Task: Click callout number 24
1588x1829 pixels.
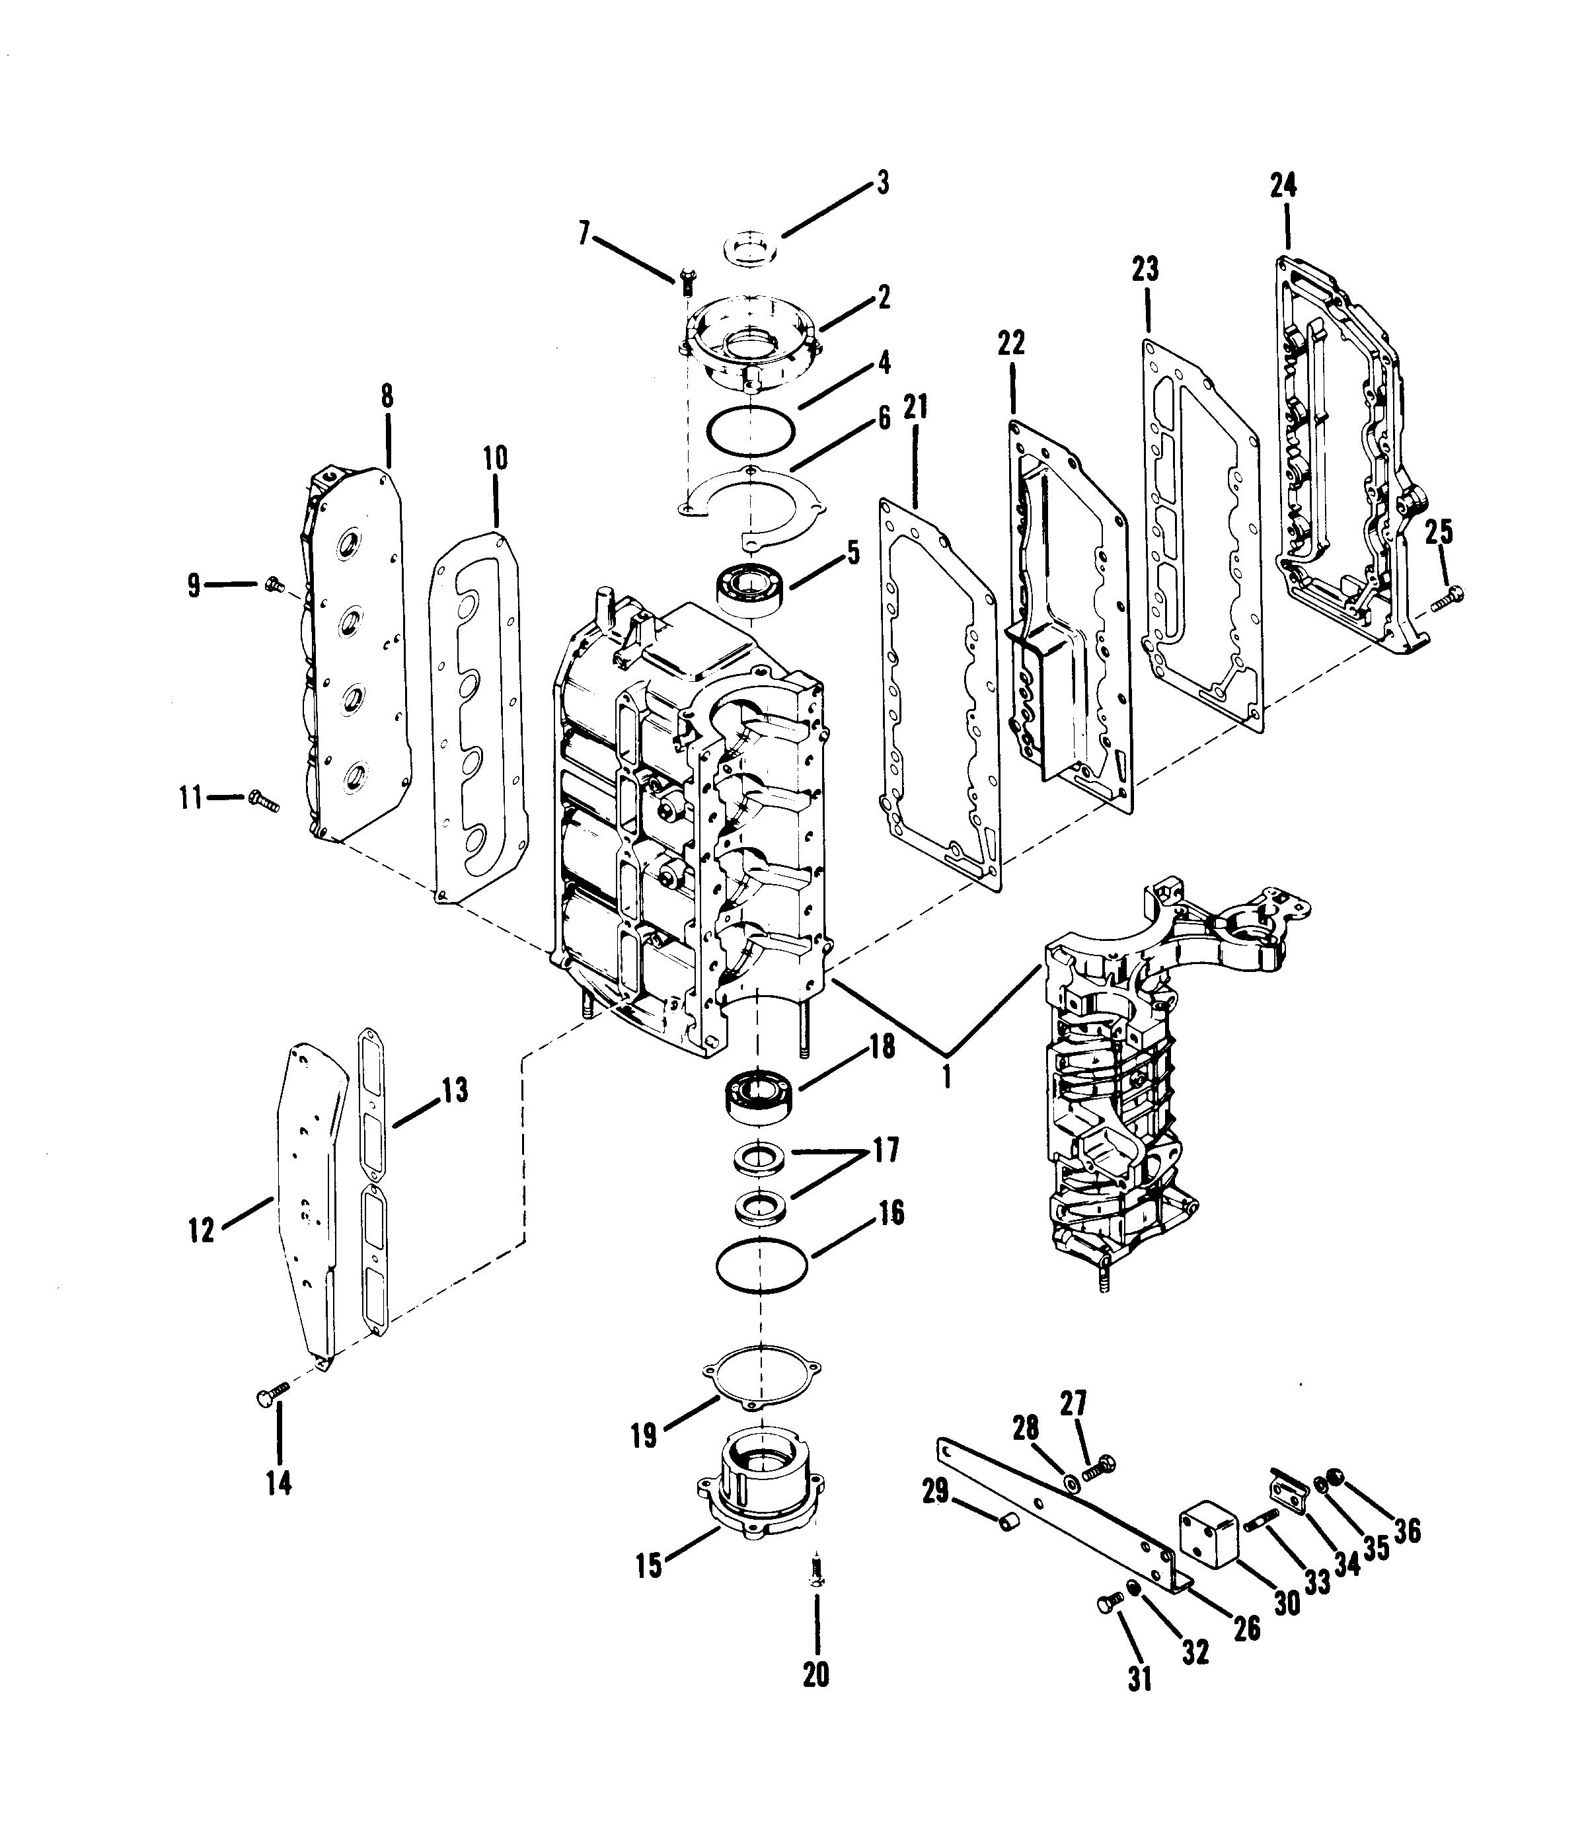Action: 1283,186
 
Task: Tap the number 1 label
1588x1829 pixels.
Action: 947,1076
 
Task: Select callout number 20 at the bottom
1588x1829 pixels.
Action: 815,1673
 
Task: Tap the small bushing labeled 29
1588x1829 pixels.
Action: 1009,1522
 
